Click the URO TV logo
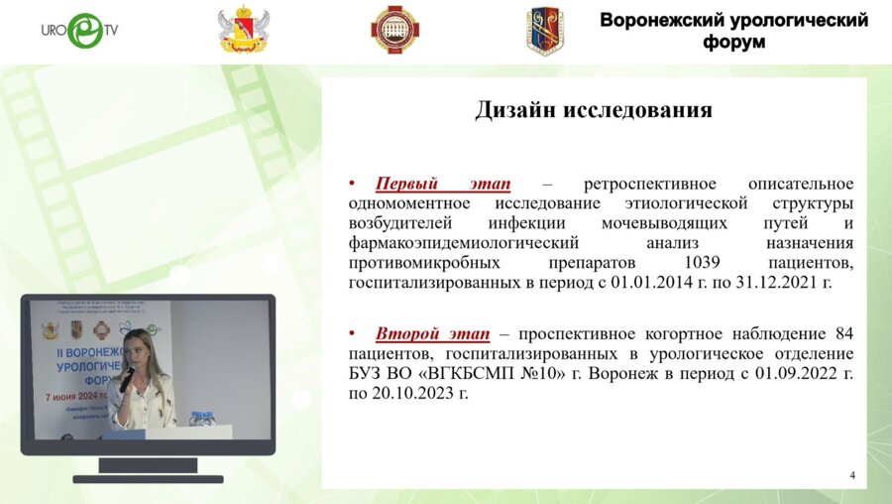coord(79,31)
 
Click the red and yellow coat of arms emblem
coord(243,31)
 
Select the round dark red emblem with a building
coord(394,30)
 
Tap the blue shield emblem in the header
coord(544,31)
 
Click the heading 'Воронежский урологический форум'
coord(733,31)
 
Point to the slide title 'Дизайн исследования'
coord(594,110)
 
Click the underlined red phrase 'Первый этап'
coord(443,184)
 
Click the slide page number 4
coord(851,476)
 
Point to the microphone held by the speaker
coord(127,378)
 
